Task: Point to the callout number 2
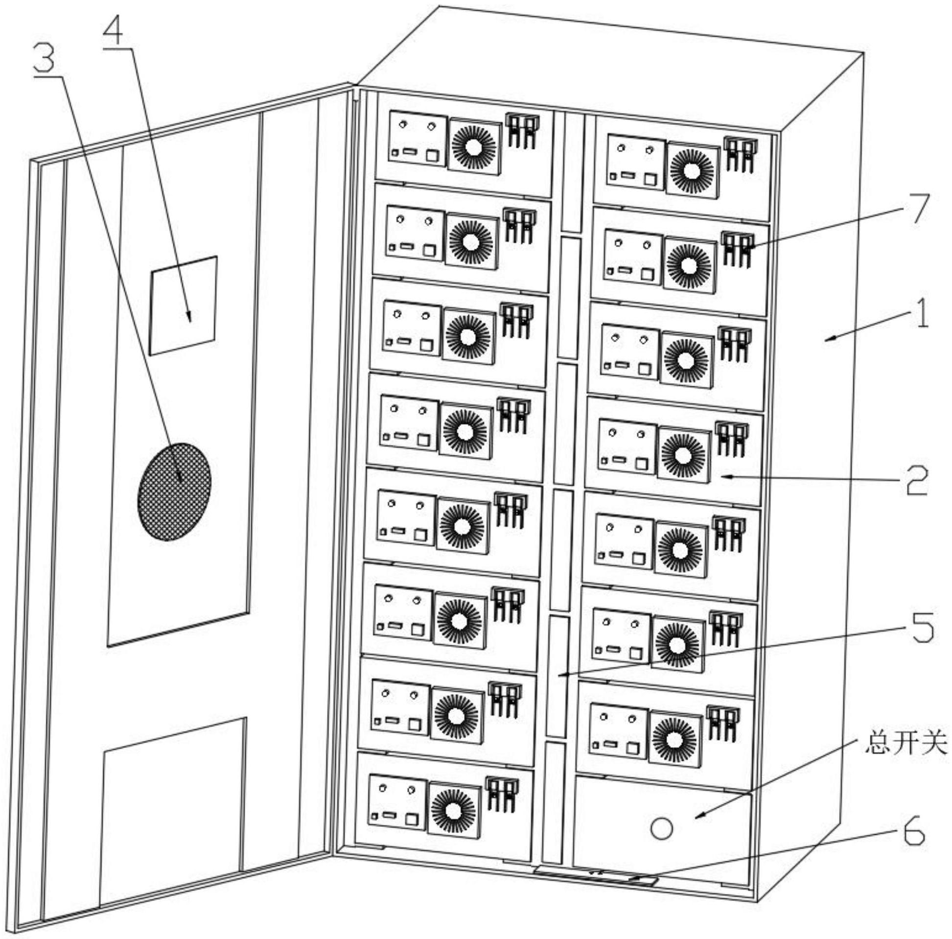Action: [x=916, y=480]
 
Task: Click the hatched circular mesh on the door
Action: [x=175, y=492]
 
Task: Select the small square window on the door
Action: [x=184, y=305]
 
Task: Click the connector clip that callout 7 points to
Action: [x=738, y=250]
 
